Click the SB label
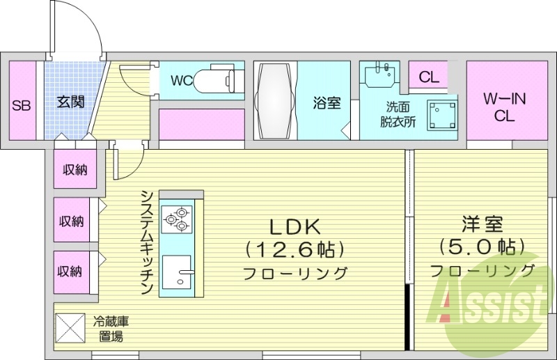point(21,106)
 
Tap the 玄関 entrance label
point(70,102)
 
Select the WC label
point(182,80)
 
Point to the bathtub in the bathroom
point(274,102)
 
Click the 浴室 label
point(326,103)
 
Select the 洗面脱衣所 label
point(397,114)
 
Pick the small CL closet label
point(429,77)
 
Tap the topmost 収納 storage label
point(74,169)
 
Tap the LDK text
point(294,226)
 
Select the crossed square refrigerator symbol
point(70,327)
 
